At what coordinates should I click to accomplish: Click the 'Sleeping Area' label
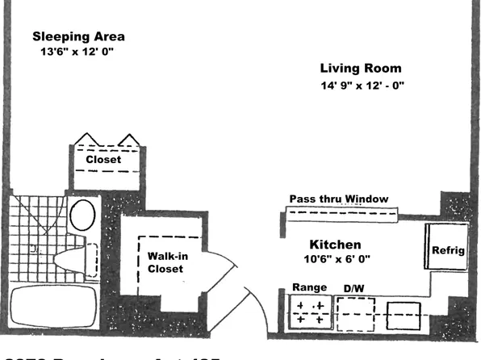tap(78, 36)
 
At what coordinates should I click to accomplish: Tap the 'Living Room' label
tap(360, 69)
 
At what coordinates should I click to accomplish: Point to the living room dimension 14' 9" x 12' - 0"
tap(361, 86)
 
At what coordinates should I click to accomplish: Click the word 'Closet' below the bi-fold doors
tap(103, 160)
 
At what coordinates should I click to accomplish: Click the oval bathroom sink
tap(82, 216)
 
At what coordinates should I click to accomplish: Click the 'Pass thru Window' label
tap(339, 199)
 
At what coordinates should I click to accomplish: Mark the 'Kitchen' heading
tap(335, 245)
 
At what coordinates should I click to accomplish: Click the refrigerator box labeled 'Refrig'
tap(447, 249)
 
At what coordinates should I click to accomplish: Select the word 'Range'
tap(308, 287)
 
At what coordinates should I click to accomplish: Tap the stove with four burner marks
tap(310, 313)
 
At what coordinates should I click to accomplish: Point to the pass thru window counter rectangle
tap(342, 214)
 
